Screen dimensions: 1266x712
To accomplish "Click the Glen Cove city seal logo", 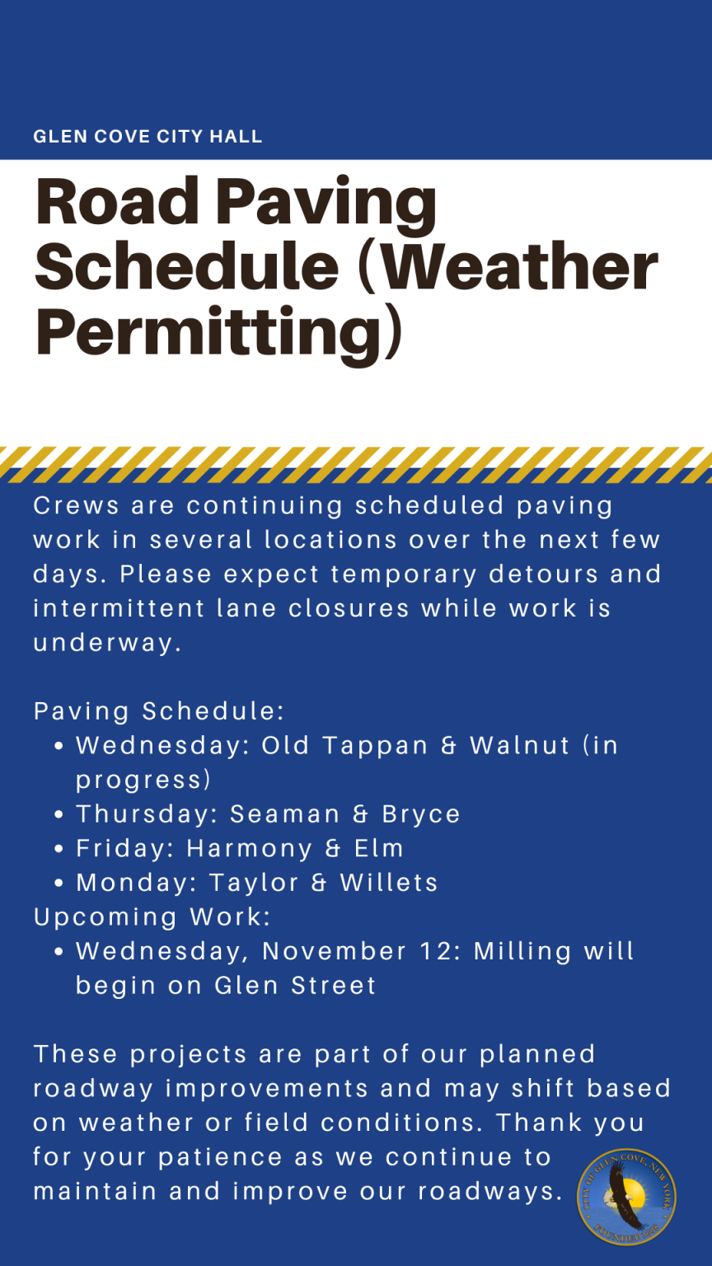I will pyautogui.click(x=626, y=1197).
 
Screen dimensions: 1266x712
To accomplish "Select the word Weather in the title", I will pyautogui.click(x=517, y=265).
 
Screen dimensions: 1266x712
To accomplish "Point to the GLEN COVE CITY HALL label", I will pyautogui.click(x=148, y=136).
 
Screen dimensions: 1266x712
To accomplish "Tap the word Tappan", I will pyautogui.click(x=375, y=746).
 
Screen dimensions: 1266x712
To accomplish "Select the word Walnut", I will pyautogui.click(x=520, y=746).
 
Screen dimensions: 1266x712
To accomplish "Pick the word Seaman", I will pyautogui.click(x=284, y=814).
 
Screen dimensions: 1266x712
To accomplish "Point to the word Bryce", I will pyautogui.click(x=421, y=814).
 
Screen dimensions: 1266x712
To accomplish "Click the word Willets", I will pyautogui.click(x=389, y=883).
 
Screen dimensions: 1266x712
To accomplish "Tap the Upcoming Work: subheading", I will pyautogui.click(x=152, y=917).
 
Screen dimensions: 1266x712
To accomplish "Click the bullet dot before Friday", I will pyautogui.click(x=59, y=850).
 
